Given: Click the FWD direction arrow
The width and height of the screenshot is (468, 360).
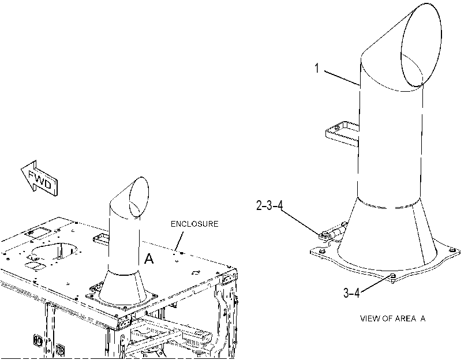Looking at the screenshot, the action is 39,179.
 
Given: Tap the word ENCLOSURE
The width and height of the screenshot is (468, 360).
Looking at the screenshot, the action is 194,224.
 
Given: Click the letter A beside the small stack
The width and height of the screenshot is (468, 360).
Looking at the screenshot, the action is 149,258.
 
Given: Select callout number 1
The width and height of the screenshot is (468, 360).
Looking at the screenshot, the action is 317,68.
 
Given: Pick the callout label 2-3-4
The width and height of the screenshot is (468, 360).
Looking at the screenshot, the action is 269,205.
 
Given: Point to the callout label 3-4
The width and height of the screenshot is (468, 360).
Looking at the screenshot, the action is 351,293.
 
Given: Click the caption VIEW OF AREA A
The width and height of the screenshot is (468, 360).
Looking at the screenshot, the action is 393,318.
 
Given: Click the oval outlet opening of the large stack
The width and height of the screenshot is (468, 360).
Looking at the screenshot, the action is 421,45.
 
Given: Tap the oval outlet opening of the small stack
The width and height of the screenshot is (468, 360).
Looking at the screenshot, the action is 139,197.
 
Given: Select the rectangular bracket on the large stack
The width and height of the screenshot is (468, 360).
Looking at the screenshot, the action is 342,134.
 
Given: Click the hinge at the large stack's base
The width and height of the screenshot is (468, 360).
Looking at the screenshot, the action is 334,232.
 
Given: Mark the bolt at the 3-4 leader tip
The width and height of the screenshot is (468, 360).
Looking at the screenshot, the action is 393,277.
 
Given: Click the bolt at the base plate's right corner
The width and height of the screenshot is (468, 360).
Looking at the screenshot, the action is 452,250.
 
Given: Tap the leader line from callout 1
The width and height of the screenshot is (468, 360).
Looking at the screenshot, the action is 342,78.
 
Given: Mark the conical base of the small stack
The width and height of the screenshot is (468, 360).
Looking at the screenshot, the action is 122,287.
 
